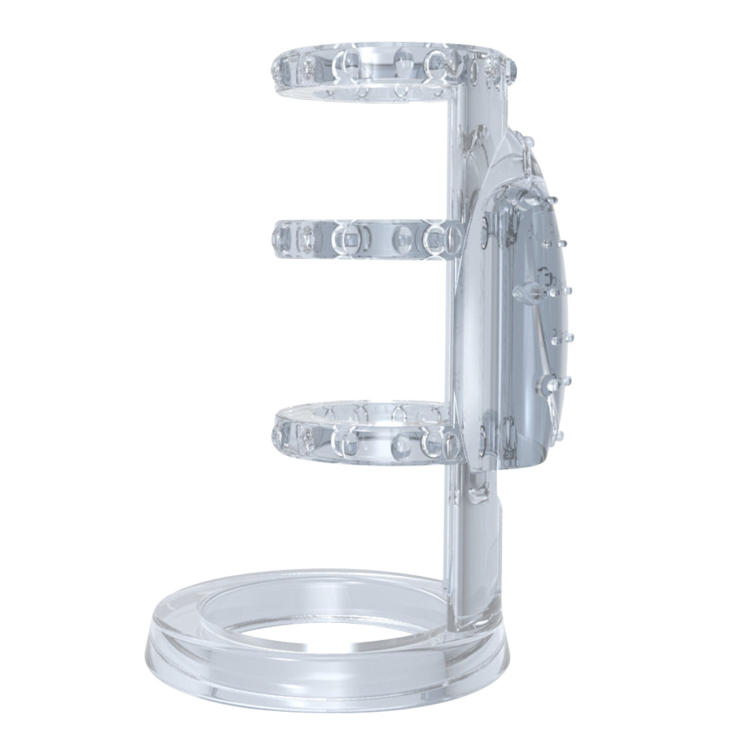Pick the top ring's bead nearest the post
click(433, 67)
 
